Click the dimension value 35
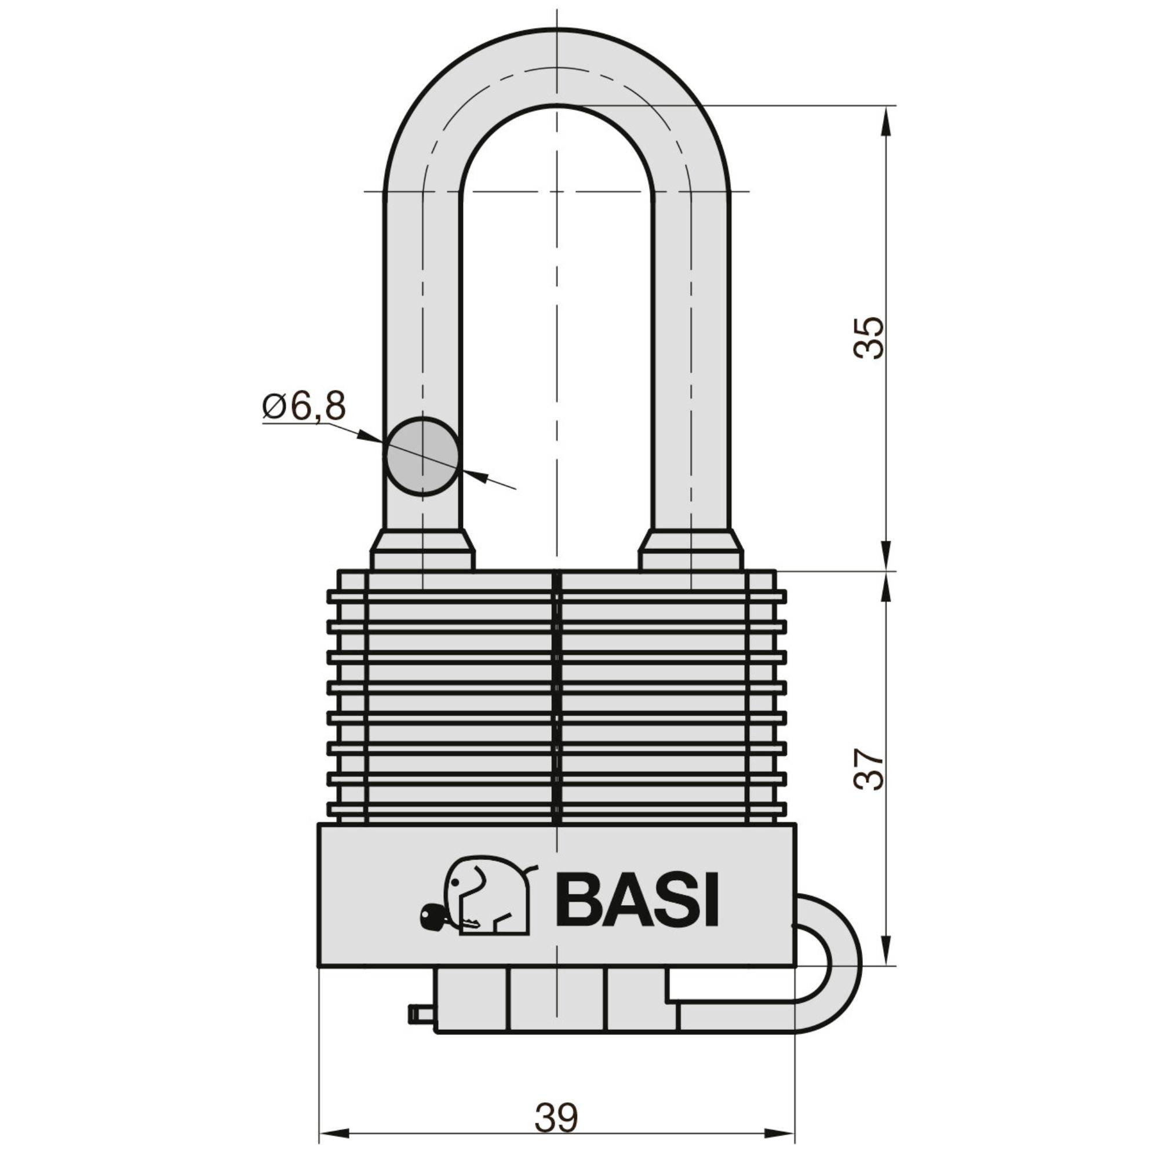[869, 338]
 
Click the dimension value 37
[869, 769]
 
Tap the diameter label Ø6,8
[304, 407]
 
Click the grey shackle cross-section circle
[422, 457]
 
